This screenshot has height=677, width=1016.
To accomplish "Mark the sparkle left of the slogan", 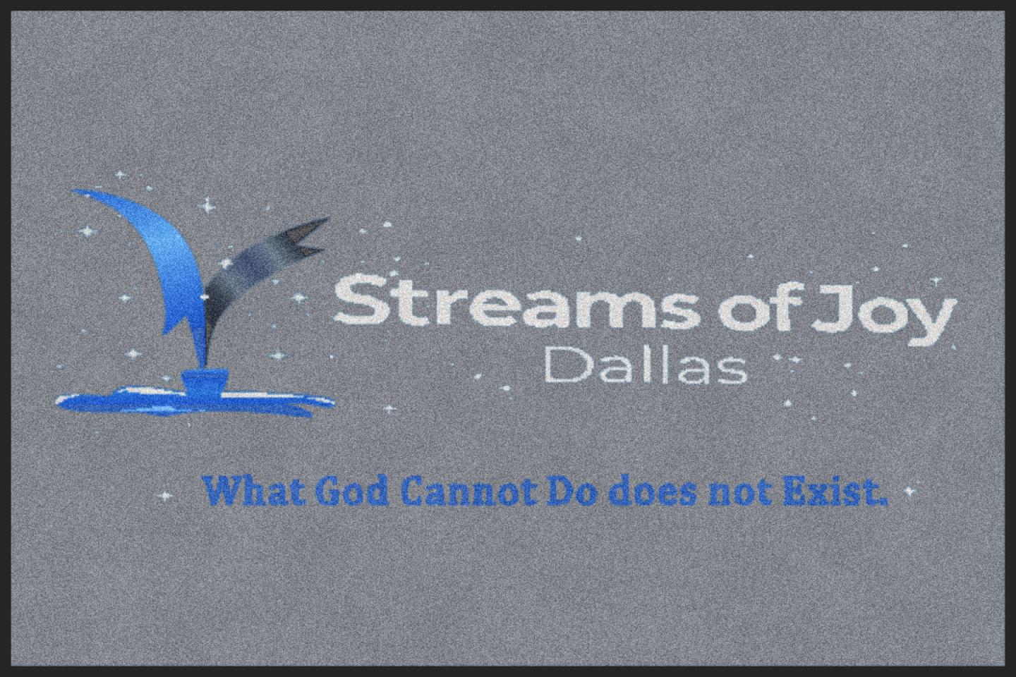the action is [167, 496].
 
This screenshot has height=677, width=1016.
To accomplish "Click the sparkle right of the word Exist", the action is [909, 490].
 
